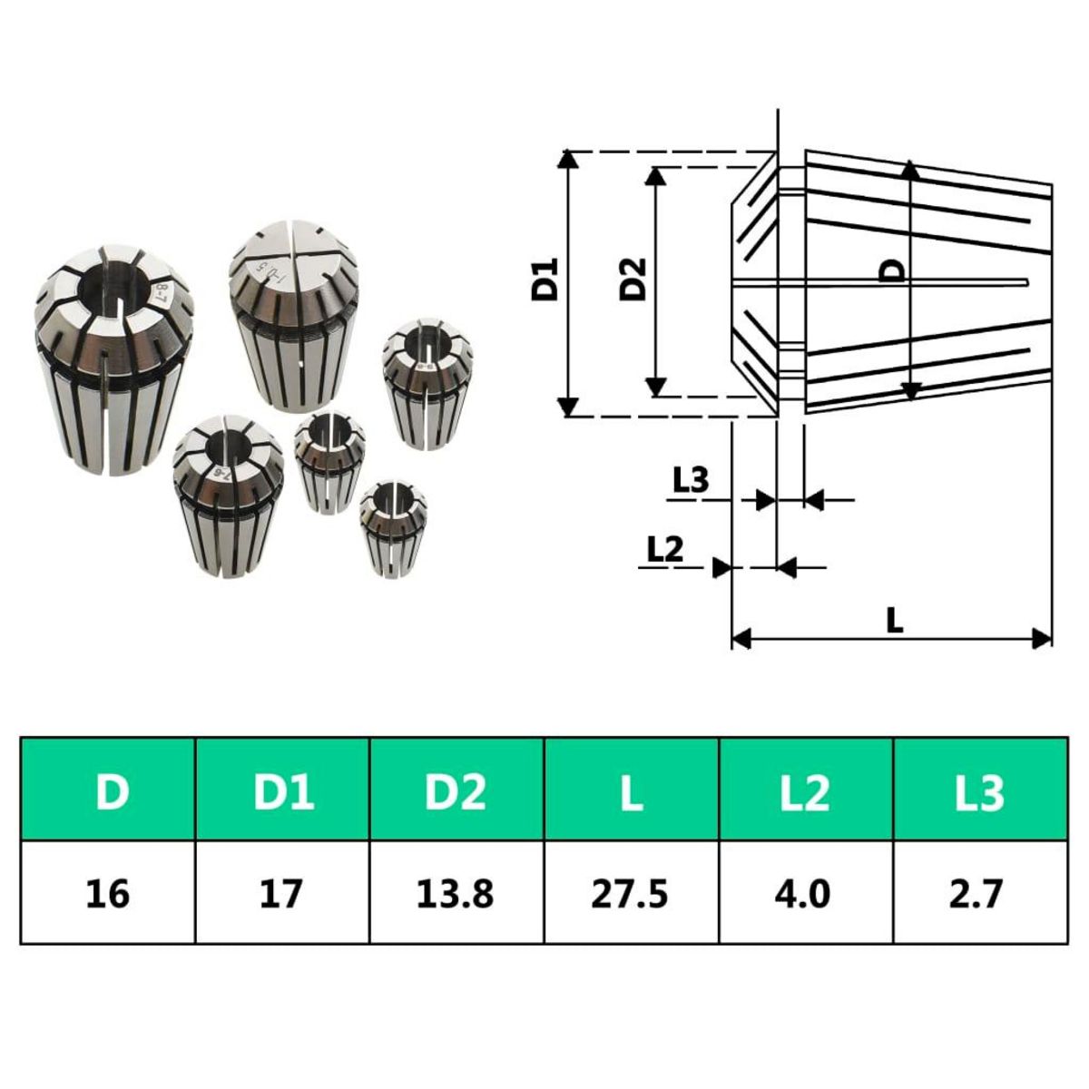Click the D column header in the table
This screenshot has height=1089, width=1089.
[109, 790]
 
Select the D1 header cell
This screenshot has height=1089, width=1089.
[282, 790]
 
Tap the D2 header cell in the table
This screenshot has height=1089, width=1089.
[456, 790]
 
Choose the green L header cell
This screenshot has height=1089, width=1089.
[632, 790]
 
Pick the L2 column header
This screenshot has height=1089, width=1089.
[806, 790]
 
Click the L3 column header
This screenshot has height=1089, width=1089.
[980, 790]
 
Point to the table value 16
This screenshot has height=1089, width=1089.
[109, 893]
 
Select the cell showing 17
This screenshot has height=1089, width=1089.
[282, 893]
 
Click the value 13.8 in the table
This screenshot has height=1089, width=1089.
[456, 893]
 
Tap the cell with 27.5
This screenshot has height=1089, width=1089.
[632, 893]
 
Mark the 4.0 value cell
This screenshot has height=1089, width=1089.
[806, 893]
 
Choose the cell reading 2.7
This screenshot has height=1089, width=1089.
[980, 893]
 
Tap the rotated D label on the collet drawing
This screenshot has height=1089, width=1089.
[894, 270]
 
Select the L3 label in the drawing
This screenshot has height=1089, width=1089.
[691, 479]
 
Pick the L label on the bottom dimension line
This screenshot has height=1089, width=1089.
[895, 621]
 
